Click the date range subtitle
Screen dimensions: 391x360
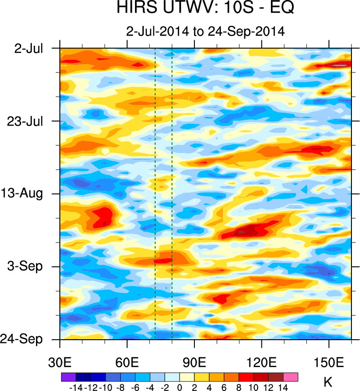point(205,31)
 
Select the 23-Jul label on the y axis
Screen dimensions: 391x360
point(26,121)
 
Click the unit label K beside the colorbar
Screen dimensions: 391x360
point(328,382)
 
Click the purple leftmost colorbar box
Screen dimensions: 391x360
point(68,377)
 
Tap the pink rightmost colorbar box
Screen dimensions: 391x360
point(291,377)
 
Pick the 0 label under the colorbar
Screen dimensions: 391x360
point(180,387)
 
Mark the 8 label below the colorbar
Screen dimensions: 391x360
point(239,387)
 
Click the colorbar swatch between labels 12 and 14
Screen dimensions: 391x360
point(276,377)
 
